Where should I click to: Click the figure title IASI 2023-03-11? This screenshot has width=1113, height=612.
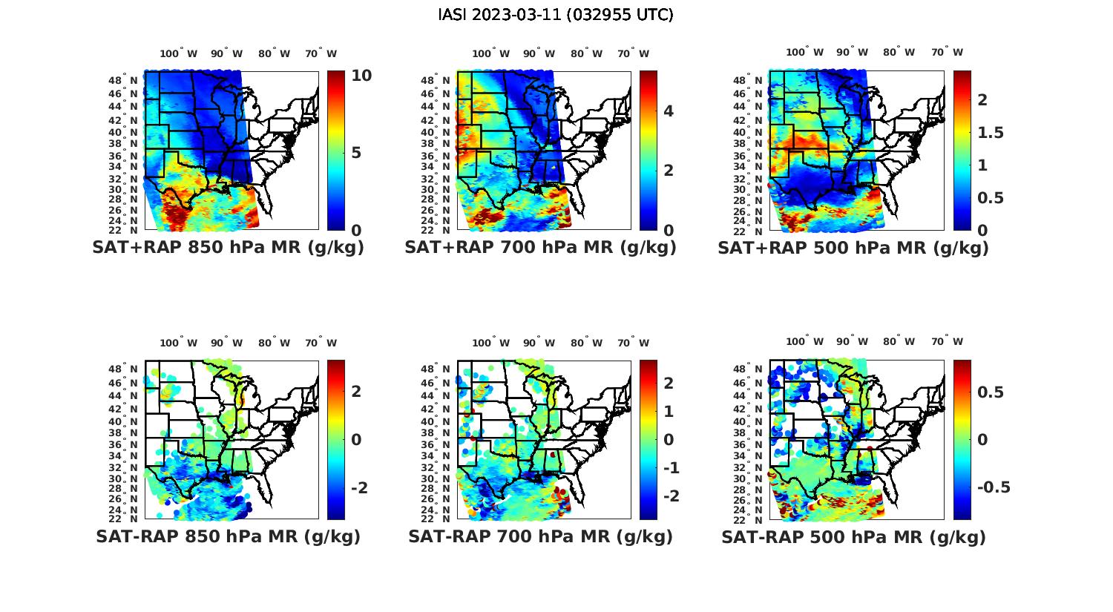tap(556, 15)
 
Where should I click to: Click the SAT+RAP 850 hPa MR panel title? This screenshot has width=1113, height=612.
tap(228, 248)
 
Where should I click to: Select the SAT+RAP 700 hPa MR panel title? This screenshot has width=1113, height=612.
tap(540, 248)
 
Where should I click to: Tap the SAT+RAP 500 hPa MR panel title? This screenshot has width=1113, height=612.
tap(853, 248)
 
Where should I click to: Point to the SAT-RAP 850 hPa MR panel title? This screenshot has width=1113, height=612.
tap(228, 536)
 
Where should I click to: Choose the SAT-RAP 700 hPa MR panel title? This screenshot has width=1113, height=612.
tap(540, 536)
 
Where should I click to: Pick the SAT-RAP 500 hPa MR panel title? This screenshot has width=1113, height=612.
tap(853, 536)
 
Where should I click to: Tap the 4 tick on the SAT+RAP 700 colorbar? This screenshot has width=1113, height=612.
tap(669, 111)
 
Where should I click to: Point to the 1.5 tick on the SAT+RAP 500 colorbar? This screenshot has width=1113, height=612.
tap(991, 133)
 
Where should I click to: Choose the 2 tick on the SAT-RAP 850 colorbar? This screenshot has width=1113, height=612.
tap(356, 391)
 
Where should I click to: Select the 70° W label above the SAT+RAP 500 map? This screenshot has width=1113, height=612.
tap(947, 52)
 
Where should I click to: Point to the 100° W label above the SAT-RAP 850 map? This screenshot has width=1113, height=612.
tap(178, 343)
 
